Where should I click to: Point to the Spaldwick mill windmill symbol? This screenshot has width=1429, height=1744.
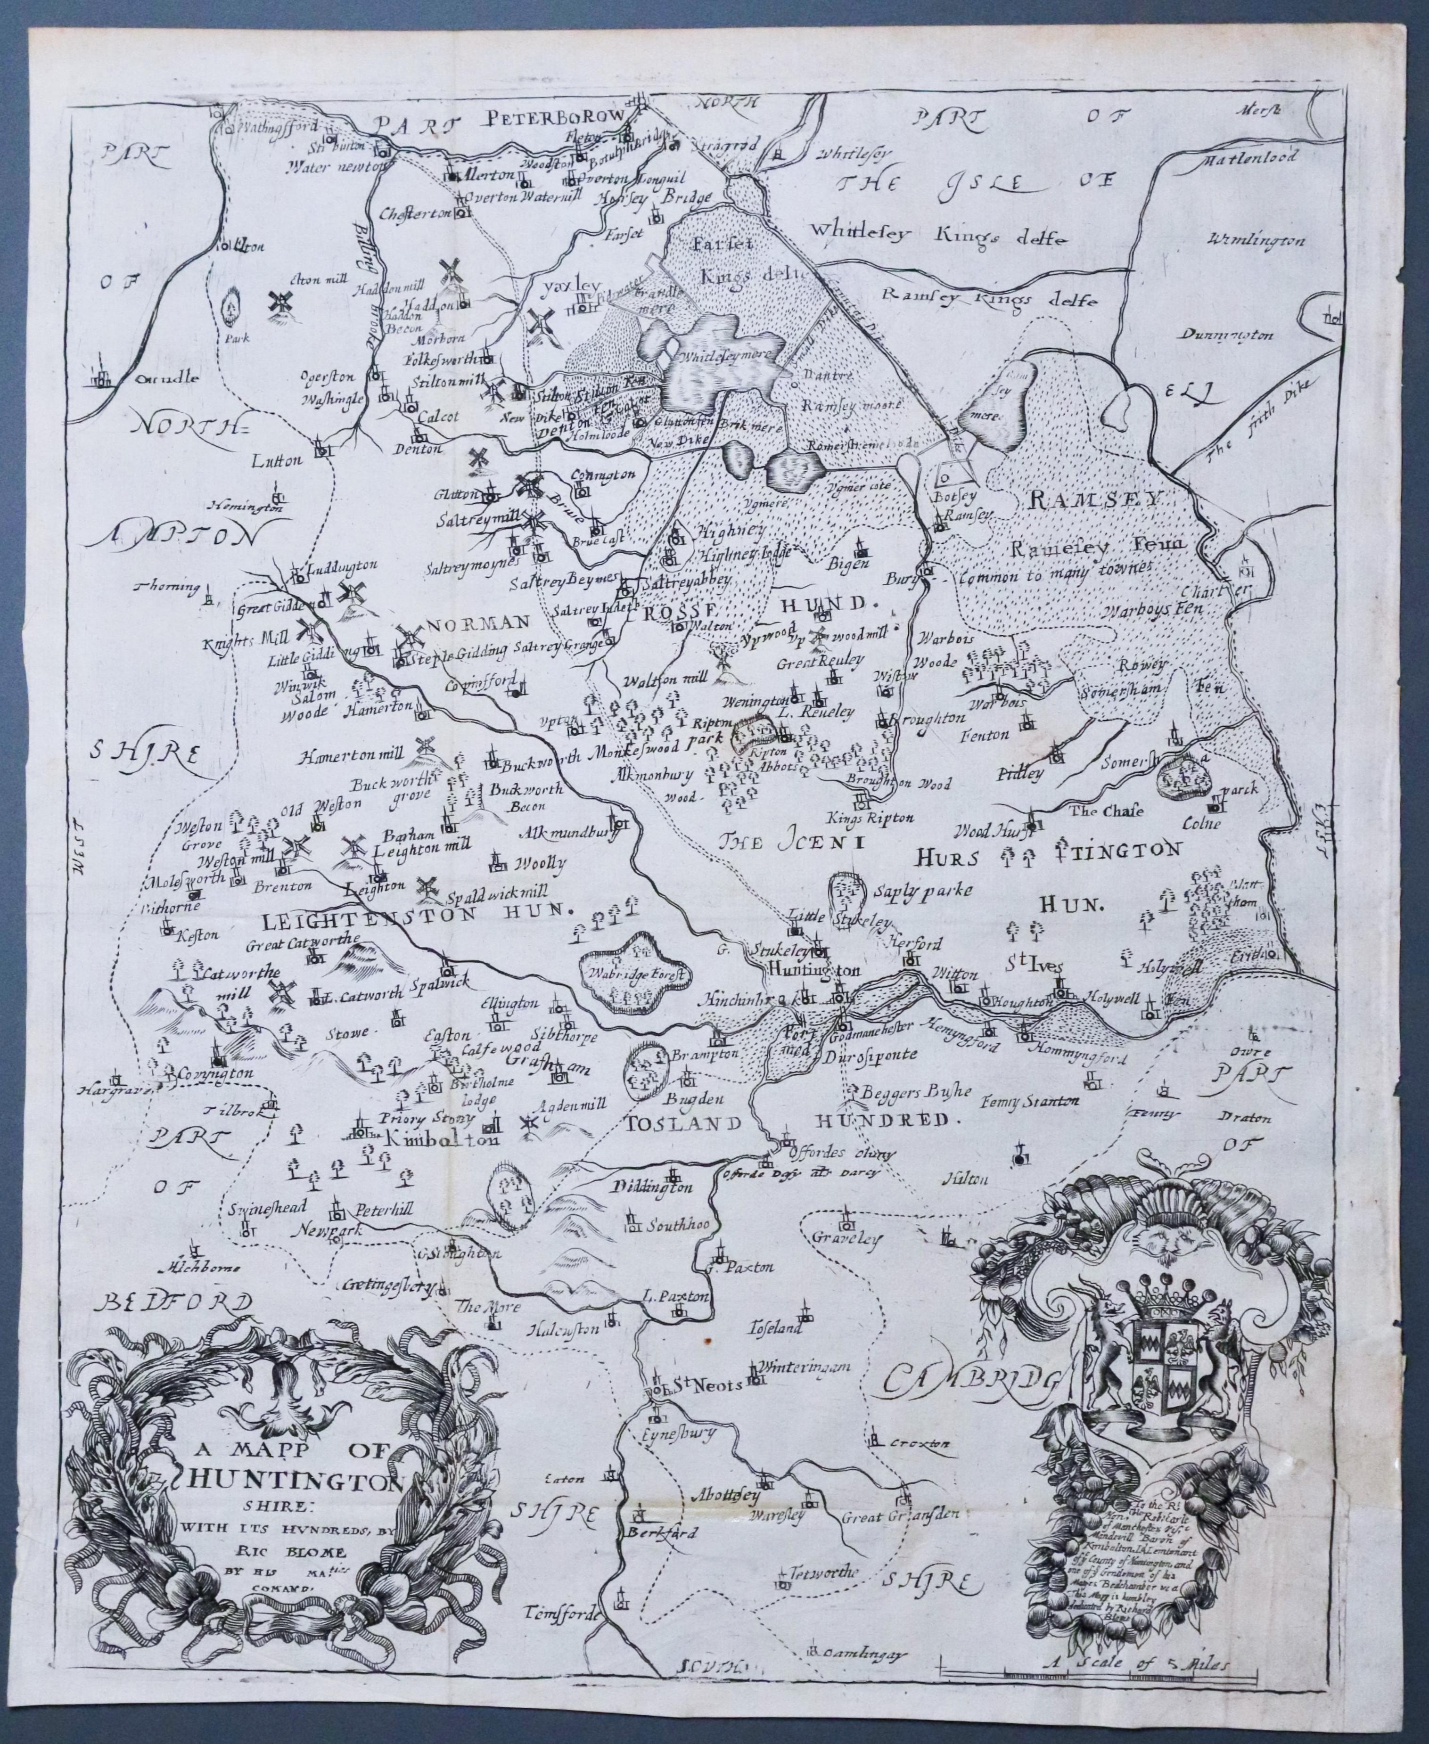point(427,886)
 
